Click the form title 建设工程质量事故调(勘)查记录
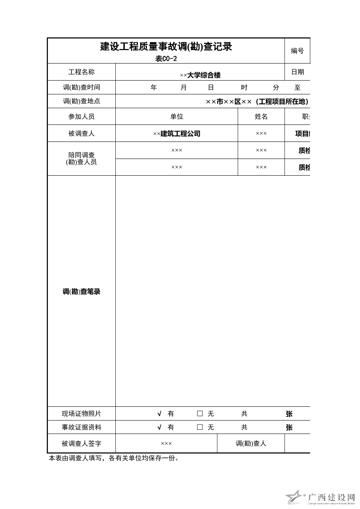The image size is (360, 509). tap(166, 47)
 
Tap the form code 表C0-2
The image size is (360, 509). tap(166, 59)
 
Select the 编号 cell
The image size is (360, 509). tap(297, 51)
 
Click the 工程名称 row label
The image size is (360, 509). tap(81, 72)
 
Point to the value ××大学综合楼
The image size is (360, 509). tap(200, 75)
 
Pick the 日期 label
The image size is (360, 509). tap(298, 72)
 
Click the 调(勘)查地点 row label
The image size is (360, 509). tap(81, 101)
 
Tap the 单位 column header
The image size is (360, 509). tap(177, 116)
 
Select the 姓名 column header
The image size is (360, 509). tap(261, 116)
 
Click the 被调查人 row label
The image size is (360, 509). tap(81, 134)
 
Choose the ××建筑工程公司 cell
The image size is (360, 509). tap(177, 134)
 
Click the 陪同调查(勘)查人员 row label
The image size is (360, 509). tap(81, 159)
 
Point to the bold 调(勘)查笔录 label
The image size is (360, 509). tap(81, 291)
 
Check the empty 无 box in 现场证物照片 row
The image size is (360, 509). tap(200, 414)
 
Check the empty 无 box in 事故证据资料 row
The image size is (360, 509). tap(200, 427)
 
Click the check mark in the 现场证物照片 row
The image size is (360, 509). tap(159, 414)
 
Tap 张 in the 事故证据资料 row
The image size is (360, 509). tap(289, 427)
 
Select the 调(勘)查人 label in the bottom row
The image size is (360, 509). tap(251, 443)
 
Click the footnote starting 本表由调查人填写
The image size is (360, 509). tap(114, 458)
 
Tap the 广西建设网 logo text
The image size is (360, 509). tap(331, 497)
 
